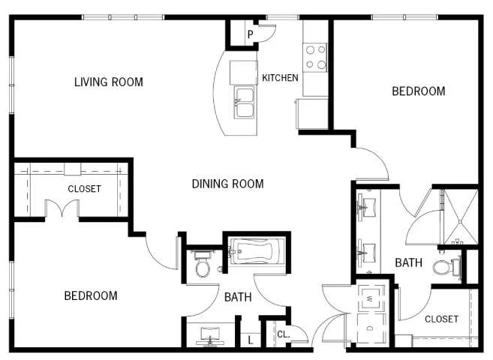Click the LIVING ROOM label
[x=109, y=82]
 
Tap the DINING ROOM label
[x=227, y=184]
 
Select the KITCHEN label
[x=280, y=77]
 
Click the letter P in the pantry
[x=251, y=34]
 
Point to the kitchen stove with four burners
[x=315, y=57]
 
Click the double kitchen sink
[x=245, y=102]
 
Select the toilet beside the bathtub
[x=202, y=264]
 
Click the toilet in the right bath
[x=446, y=267]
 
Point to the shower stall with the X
[x=461, y=217]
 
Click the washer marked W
[x=371, y=298]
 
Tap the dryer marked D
[x=371, y=328]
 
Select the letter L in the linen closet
[x=251, y=340]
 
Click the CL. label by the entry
[x=284, y=334]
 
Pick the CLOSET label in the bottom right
[x=441, y=319]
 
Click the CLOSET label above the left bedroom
[x=84, y=189]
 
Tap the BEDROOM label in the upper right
[x=419, y=91]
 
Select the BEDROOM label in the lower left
[x=91, y=296]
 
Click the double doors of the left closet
[x=62, y=208]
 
